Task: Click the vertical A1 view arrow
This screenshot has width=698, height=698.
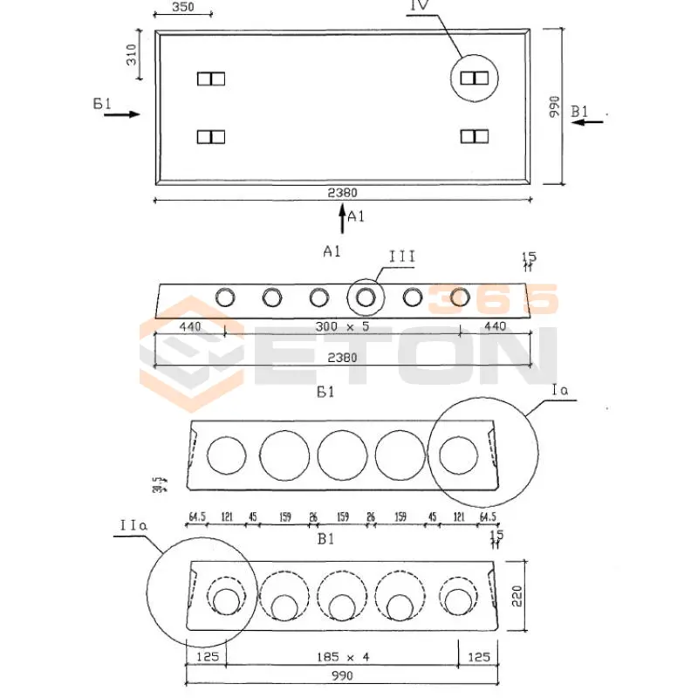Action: coord(341,220)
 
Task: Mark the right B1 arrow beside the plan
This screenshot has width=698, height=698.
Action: coord(586,121)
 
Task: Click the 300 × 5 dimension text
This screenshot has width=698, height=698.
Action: coord(342,326)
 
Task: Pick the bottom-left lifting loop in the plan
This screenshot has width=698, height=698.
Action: coord(211,136)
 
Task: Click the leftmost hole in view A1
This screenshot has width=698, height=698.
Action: coord(226,298)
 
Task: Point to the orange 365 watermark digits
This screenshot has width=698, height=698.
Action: coord(493,299)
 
